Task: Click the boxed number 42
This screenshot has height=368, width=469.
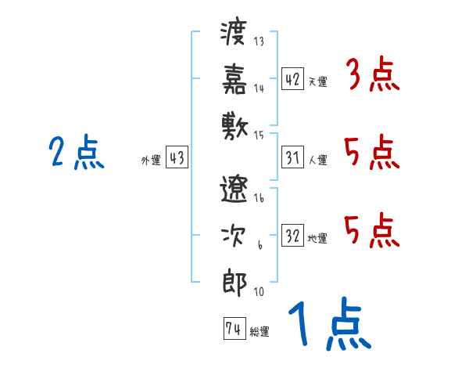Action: pos(292,79)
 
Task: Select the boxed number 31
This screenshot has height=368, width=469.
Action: pos(292,157)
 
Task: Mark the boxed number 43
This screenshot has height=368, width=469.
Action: pos(177,158)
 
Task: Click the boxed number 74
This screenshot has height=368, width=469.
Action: pos(233,329)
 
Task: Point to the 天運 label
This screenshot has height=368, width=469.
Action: pos(317,81)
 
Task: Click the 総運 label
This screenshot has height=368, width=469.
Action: pos(260,332)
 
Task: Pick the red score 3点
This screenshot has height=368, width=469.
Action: pos(371,76)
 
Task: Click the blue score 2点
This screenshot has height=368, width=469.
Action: pos(76,153)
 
